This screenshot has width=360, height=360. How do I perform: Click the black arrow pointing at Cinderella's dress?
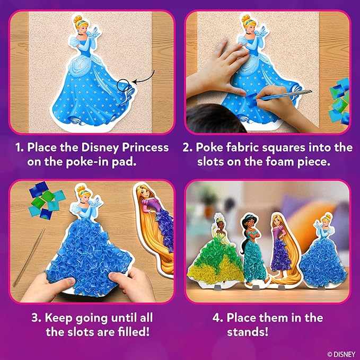click(x=143, y=79)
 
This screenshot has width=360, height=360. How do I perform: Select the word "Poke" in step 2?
click(x=216, y=147)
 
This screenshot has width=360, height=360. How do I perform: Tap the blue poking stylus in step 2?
click(x=286, y=95)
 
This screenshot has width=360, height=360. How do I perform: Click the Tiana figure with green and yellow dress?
click(x=219, y=249)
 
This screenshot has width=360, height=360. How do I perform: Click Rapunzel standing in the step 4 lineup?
click(x=279, y=244)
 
